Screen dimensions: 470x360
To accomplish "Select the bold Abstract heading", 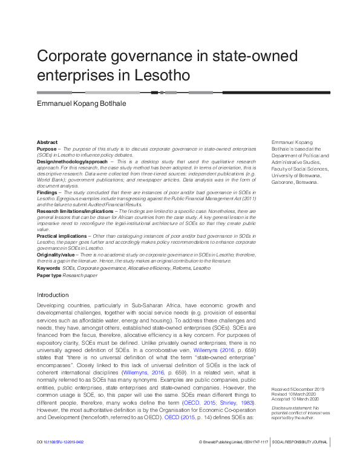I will [47, 142].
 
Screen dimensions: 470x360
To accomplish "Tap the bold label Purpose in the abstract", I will [47, 148].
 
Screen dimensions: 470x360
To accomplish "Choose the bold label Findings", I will [48, 192].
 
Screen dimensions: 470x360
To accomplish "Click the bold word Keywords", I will [48, 267].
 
